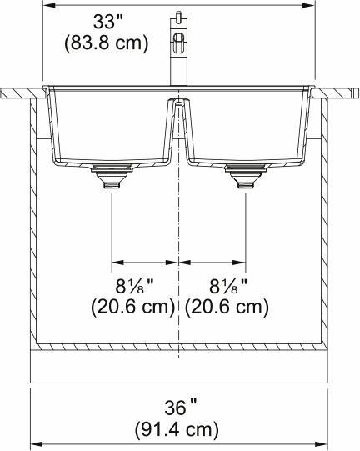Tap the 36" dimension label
point(180,408)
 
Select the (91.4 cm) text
point(180,430)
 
